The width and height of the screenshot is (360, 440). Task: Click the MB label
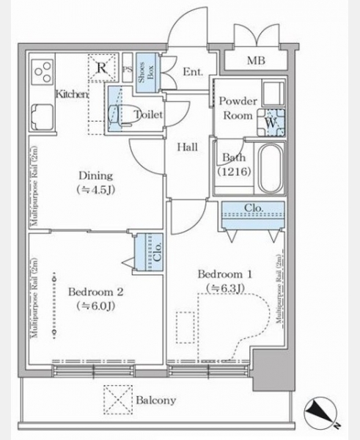(x=256, y=60)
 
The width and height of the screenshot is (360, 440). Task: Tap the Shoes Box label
(x=146, y=72)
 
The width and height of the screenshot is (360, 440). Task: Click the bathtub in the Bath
(x=270, y=169)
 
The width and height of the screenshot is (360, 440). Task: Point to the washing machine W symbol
(x=271, y=122)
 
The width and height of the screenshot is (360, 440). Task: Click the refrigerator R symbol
(x=102, y=67)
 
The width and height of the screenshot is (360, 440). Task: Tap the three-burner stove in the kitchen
(x=43, y=72)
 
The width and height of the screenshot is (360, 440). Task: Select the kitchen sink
(x=43, y=117)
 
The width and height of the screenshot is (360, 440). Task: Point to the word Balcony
(x=156, y=400)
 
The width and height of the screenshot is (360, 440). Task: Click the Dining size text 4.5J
(x=95, y=190)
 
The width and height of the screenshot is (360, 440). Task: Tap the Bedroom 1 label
(x=225, y=274)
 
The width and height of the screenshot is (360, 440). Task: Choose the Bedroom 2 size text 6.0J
(x=95, y=306)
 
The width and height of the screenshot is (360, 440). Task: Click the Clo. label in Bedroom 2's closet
(x=158, y=252)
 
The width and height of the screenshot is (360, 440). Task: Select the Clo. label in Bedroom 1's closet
(x=254, y=208)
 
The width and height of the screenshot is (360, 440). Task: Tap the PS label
(x=128, y=70)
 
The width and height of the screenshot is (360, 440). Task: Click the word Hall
(x=187, y=147)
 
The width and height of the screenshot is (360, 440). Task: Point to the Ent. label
(x=193, y=72)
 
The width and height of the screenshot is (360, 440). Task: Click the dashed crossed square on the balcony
(x=118, y=400)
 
